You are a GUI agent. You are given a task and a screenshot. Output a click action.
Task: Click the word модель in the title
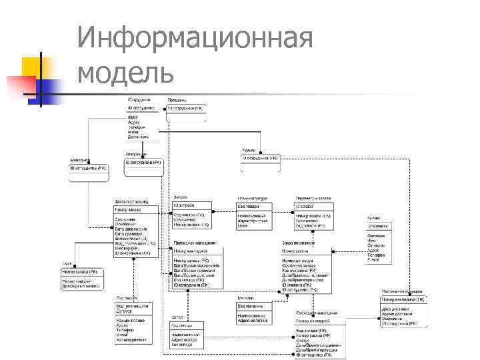pos(126,71)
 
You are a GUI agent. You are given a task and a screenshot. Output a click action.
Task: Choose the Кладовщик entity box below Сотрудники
pos(143,166)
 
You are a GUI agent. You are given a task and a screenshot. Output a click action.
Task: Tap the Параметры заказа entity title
pos(314,198)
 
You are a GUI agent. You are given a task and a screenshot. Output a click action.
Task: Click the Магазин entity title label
pos(246,297)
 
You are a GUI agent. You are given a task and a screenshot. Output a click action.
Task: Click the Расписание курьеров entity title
pos(401,291)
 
